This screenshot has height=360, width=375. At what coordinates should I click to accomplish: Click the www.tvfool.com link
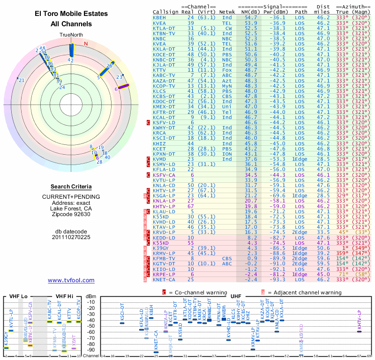(71, 280)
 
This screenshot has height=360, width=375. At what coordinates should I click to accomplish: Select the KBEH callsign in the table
(159, 17)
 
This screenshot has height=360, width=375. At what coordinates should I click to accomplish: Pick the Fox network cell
(227, 70)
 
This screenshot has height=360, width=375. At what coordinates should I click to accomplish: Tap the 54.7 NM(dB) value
(251, 17)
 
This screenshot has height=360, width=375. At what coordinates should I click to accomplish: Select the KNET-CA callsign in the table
(164, 280)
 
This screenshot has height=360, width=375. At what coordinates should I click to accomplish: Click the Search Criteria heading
(71, 187)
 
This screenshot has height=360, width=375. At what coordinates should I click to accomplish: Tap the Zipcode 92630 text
(71, 214)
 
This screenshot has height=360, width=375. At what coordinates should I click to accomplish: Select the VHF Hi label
(64, 296)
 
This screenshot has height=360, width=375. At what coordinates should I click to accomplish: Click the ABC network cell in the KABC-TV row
(227, 75)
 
